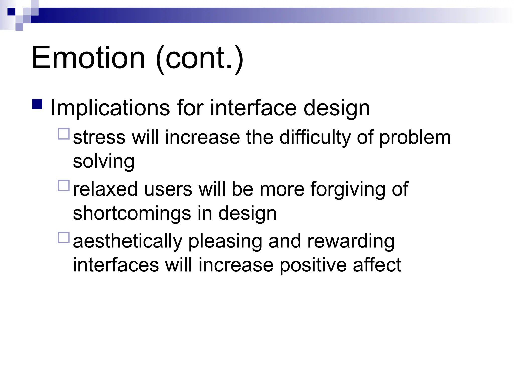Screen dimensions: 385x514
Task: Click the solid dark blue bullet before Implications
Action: (37, 104)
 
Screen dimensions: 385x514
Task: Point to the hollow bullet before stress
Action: (63, 134)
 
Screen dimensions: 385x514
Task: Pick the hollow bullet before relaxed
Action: (63, 186)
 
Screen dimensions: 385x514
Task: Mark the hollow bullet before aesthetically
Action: (63, 238)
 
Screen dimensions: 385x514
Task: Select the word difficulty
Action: (315, 138)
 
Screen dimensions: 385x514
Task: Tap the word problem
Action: (415, 138)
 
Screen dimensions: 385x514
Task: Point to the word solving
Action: (103, 162)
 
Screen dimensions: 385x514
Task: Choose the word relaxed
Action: (105, 189)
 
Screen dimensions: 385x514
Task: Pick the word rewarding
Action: (351, 241)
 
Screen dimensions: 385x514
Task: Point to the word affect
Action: (377, 265)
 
